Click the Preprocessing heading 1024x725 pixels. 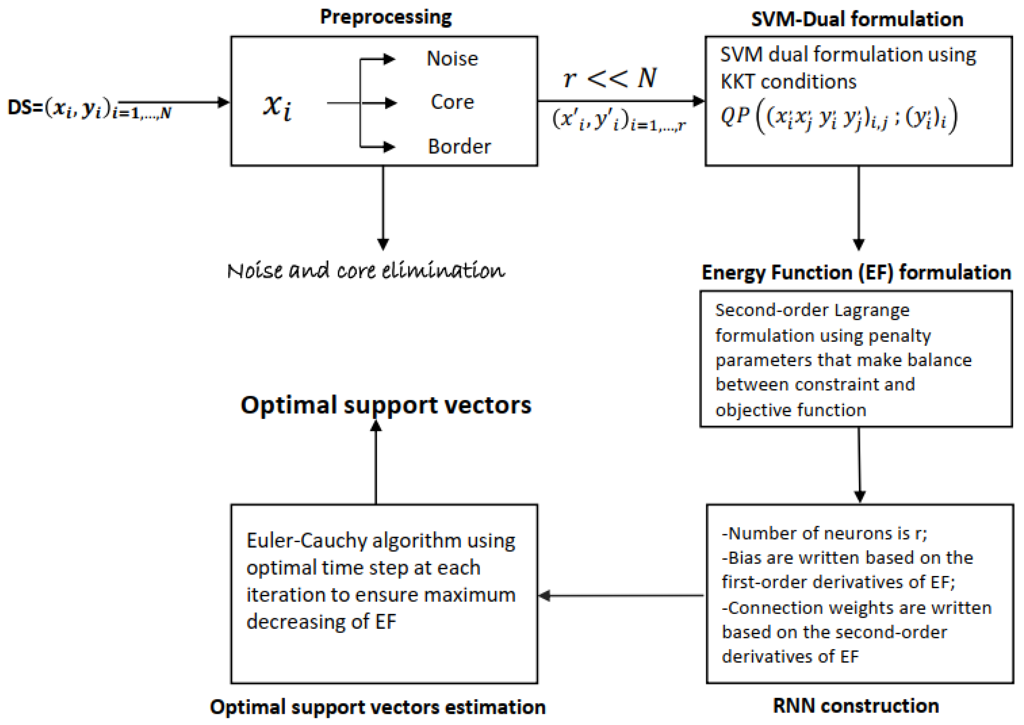pyautogui.click(x=386, y=17)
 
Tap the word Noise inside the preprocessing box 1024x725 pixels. pyautogui.click(x=452, y=59)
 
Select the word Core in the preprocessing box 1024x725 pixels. pyautogui.click(x=452, y=102)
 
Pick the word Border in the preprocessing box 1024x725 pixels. pyautogui.click(x=459, y=147)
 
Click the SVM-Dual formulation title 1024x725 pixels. pyautogui.click(x=857, y=20)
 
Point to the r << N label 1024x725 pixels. pyautogui.click(x=610, y=78)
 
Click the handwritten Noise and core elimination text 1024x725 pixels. pyautogui.click(x=366, y=271)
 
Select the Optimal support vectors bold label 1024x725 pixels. pyautogui.click(x=386, y=405)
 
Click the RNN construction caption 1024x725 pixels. pyautogui.click(x=856, y=706)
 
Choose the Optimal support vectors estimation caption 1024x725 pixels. pyautogui.click(x=377, y=707)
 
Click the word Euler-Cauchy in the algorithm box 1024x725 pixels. pyautogui.click(x=307, y=541)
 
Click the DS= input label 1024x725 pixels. pyautogui.click(x=25, y=108)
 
